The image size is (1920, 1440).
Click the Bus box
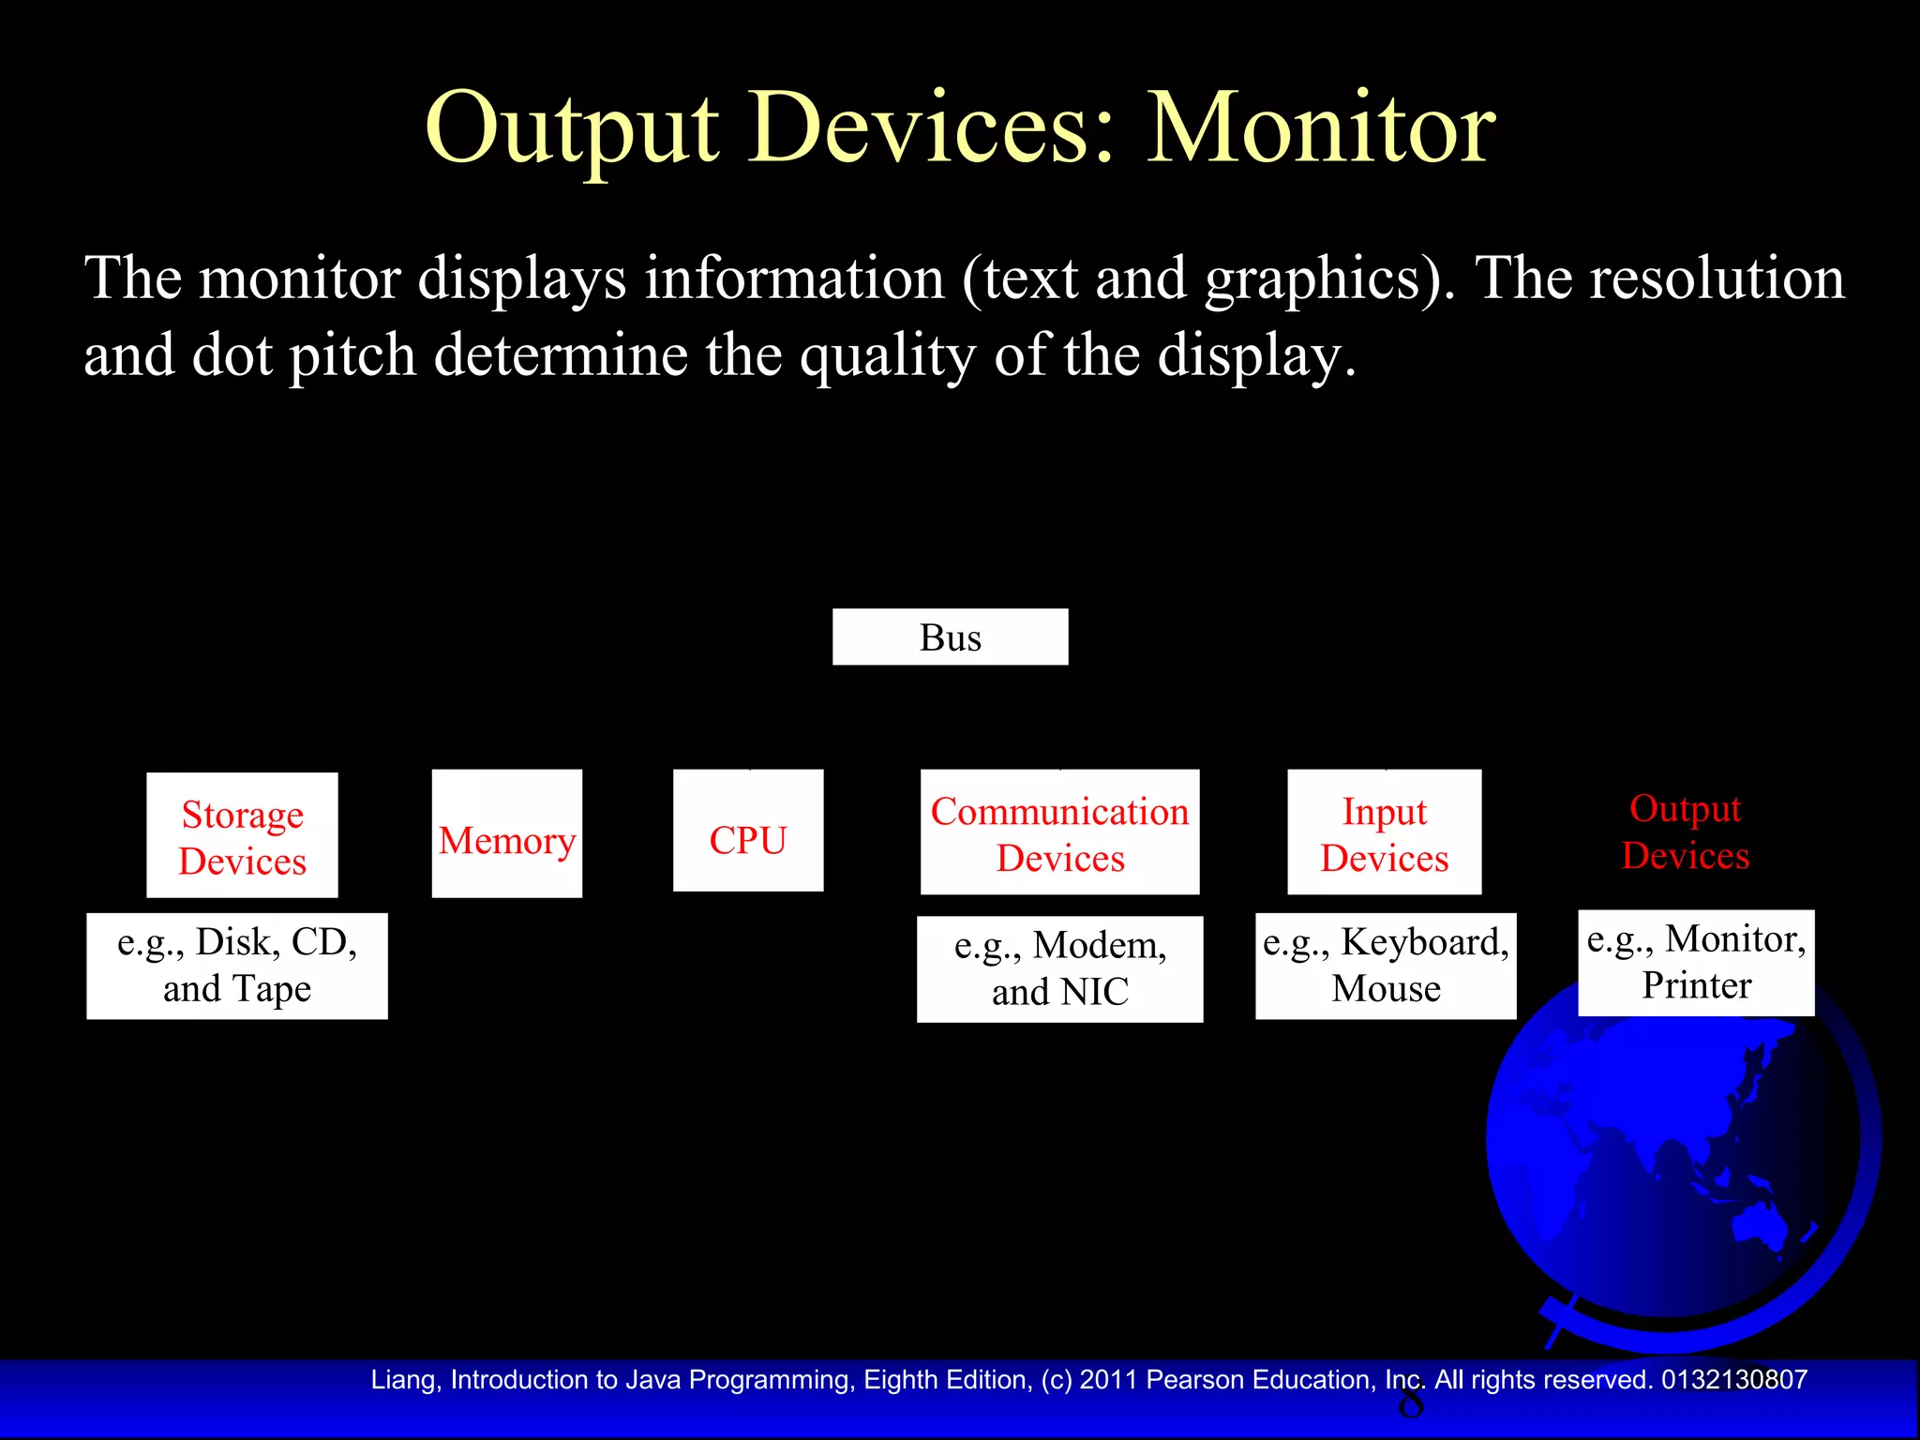coord(950,637)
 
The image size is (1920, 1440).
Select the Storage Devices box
coord(242,835)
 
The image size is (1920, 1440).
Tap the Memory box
coord(506,833)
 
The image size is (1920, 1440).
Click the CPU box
coord(748,831)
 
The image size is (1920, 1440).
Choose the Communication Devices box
coord(1059,832)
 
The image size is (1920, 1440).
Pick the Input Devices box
coord(1384,832)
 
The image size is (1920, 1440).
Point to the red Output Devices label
coord(1685,832)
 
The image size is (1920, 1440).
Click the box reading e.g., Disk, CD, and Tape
coord(237,966)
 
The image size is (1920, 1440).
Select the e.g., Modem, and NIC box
coord(1059,968)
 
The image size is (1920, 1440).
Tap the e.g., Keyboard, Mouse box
coord(1386,966)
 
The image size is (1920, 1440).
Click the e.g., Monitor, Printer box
coord(1696,963)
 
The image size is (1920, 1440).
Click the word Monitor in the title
coord(1322,128)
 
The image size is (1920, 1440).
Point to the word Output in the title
coord(572,128)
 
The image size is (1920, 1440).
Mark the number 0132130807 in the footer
coord(1734,1380)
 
